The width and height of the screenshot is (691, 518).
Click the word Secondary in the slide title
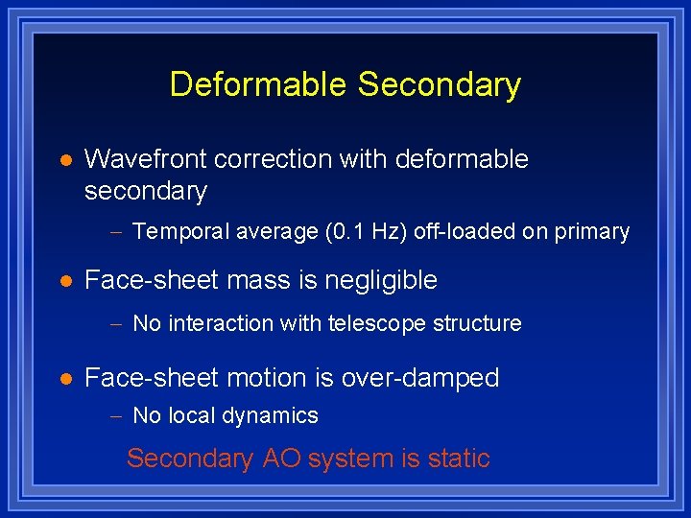tap(440, 84)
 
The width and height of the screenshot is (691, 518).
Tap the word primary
tap(597, 232)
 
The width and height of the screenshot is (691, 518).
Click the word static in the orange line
tap(459, 459)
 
